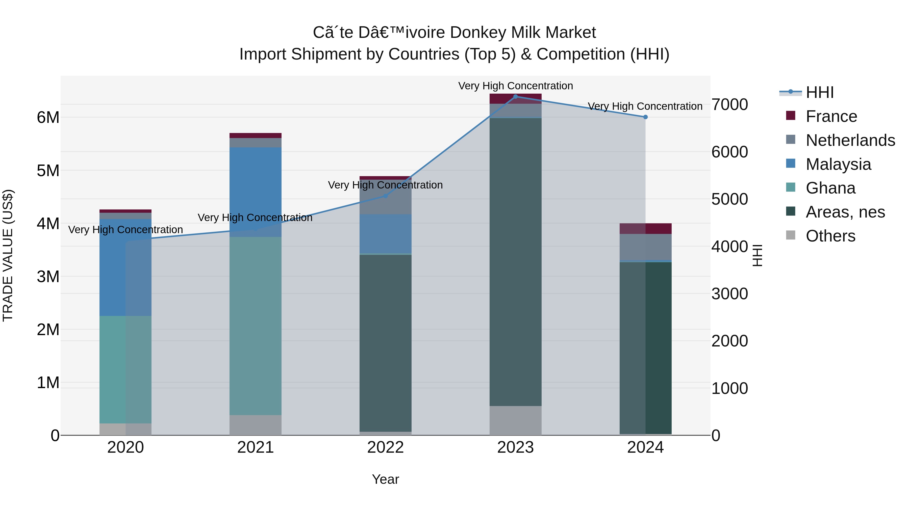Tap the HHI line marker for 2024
click(x=645, y=117)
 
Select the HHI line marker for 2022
click(x=385, y=196)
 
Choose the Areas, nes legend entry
click(x=845, y=212)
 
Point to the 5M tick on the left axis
click(x=48, y=171)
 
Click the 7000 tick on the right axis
click(x=729, y=105)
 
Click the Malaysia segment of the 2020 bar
click(x=125, y=267)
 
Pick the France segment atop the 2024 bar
click(x=645, y=229)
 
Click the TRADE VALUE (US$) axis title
click(x=8, y=255)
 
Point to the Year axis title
click(x=385, y=479)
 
